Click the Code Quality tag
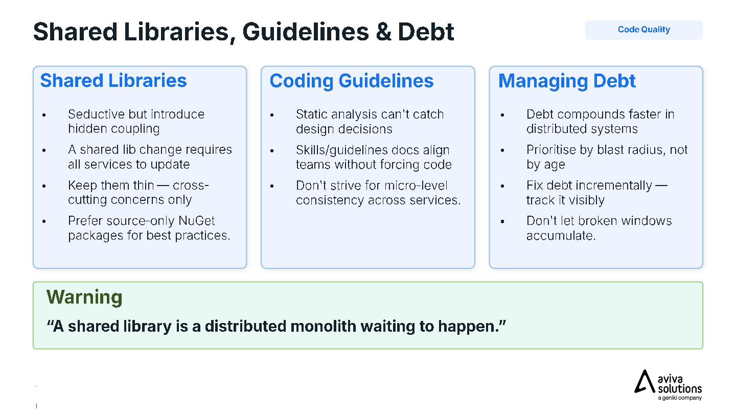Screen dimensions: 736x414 643,30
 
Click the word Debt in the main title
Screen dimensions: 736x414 426,32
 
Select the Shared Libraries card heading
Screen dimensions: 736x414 113,81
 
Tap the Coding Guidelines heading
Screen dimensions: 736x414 352,81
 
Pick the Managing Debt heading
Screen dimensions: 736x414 567,81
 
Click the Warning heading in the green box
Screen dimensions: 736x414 84,297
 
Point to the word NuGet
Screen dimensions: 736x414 196,221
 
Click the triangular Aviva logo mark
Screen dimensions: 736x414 644,382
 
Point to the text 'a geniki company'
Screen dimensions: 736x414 679,398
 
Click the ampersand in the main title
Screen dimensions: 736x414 383,32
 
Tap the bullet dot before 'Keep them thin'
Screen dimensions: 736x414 44,186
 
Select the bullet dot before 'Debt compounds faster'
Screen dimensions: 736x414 502,115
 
